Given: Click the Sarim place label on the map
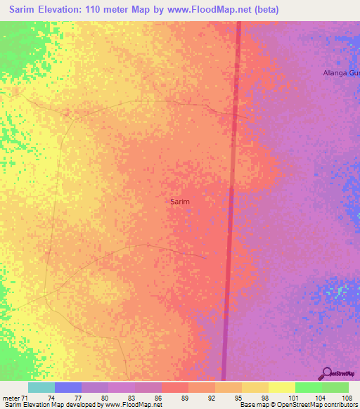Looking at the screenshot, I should (180, 201).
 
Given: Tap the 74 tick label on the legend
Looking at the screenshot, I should (51, 398).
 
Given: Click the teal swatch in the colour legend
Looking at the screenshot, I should (41, 387).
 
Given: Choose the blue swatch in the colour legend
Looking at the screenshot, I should (68, 387).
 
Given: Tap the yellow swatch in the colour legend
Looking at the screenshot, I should (281, 387).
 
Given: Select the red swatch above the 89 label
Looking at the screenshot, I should (174, 387).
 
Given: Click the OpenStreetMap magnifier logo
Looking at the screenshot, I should (326, 374).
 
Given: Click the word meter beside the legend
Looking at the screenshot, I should (11, 398).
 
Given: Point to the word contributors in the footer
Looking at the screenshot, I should (340, 405).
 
